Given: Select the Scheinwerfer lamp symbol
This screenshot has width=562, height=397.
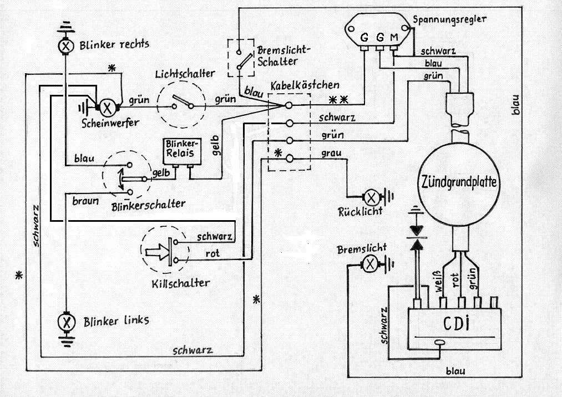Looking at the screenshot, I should (109, 105).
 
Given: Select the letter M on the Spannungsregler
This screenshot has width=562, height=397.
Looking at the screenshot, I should (394, 38).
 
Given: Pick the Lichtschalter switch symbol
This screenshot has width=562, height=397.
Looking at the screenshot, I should (181, 103).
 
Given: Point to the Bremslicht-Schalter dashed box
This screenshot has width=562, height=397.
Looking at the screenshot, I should (240, 58).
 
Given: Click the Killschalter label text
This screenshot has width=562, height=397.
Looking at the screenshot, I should (180, 283).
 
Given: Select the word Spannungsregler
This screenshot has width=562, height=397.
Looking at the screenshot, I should (450, 19).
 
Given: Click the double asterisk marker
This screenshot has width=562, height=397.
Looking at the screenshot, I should (338, 100).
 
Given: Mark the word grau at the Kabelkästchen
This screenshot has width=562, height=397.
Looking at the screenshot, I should (331, 153).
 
